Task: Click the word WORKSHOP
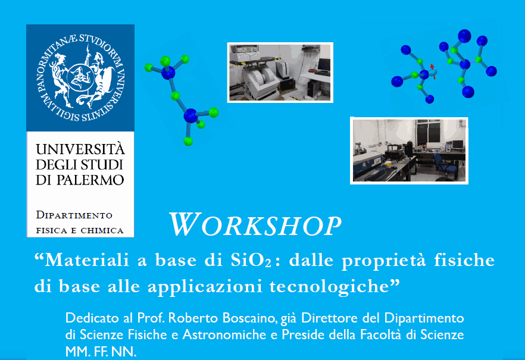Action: point(255,224)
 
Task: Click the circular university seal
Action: point(80,77)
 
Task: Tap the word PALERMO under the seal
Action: point(90,180)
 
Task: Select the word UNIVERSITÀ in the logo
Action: point(80,149)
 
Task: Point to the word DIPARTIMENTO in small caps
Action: point(74,215)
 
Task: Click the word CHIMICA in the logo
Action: point(102,230)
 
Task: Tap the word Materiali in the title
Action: point(87,259)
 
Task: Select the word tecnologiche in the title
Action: point(329,287)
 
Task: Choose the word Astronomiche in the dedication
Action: point(230,334)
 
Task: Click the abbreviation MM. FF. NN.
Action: point(101,352)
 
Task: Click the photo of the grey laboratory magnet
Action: point(280,73)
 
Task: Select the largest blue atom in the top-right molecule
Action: point(464,36)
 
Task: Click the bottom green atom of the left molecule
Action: point(188,141)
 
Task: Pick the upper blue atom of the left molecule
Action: point(168,73)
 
